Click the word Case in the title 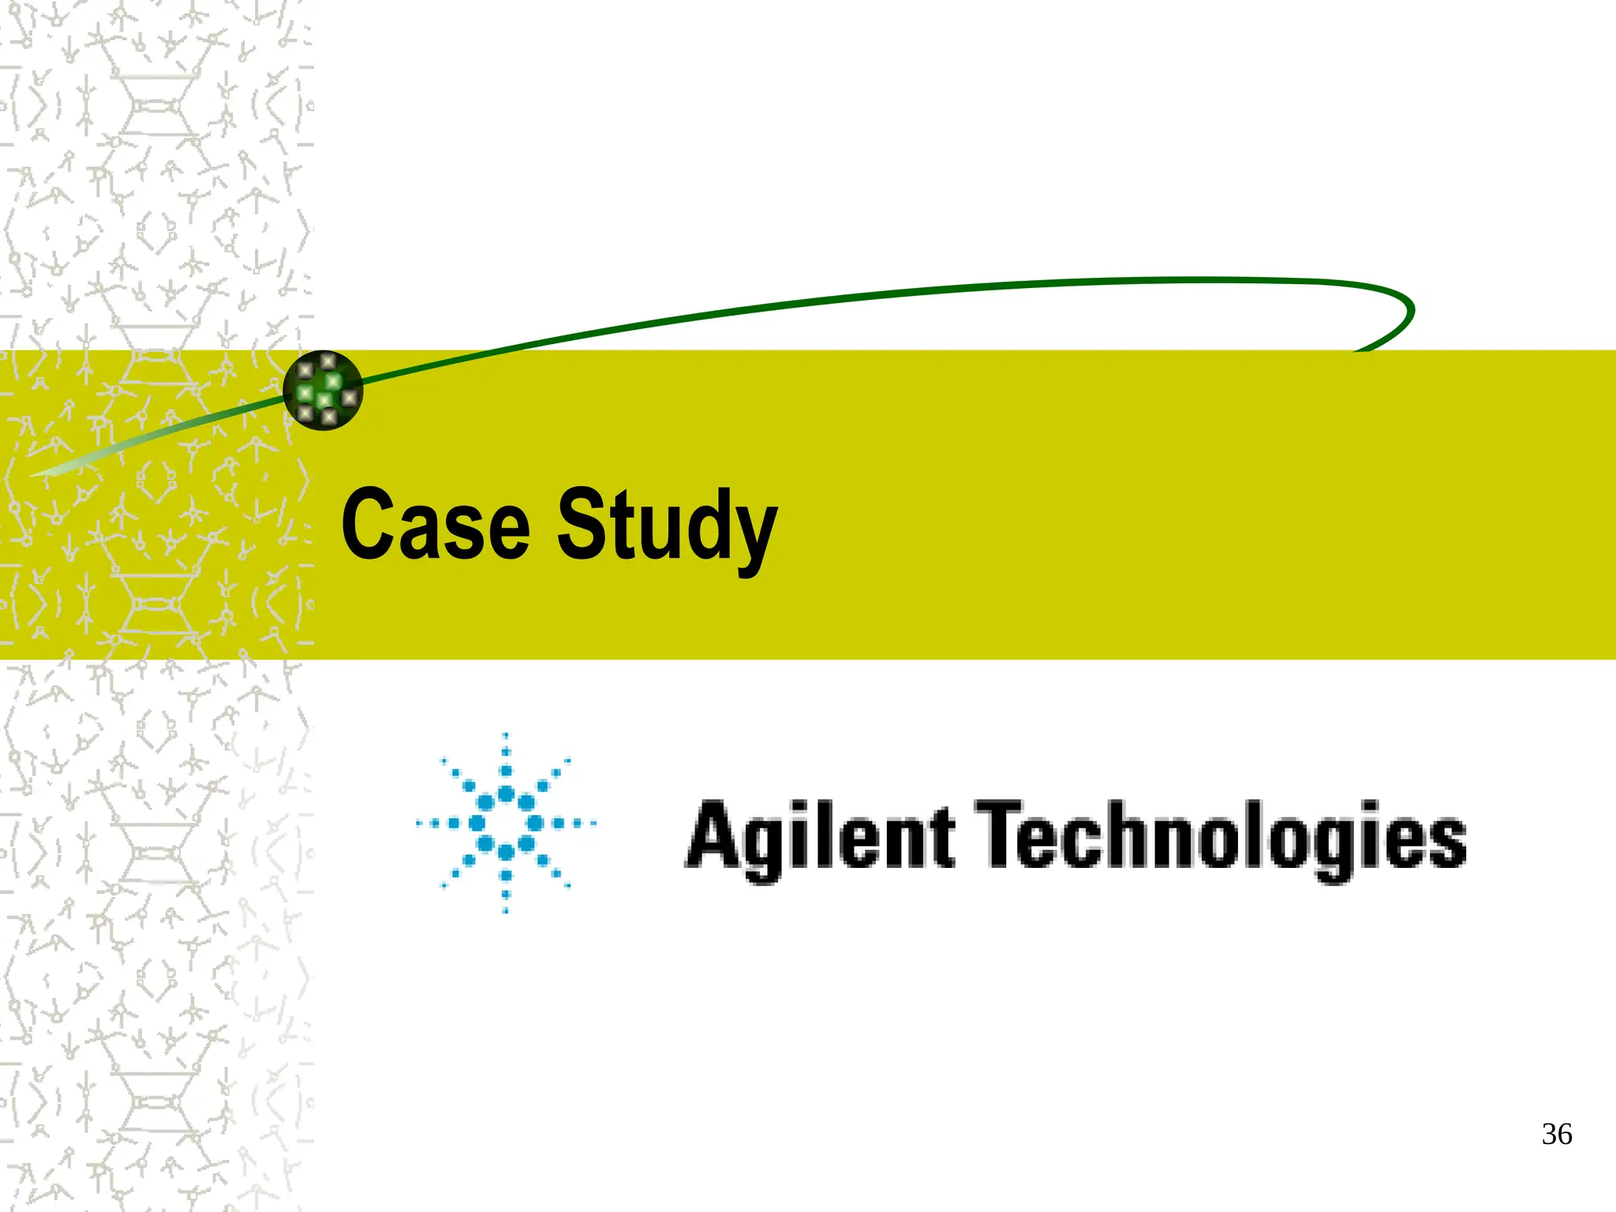pyautogui.click(x=436, y=524)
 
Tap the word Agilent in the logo pyautogui.click(x=821, y=836)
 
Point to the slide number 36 pyautogui.click(x=1556, y=1135)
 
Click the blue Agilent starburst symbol pyautogui.click(x=506, y=824)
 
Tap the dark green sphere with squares pyautogui.click(x=323, y=390)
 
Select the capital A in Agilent pyautogui.click(x=714, y=833)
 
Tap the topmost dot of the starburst pyautogui.click(x=506, y=736)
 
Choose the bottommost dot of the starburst pyautogui.click(x=506, y=911)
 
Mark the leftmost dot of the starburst pyautogui.click(x=419, y=824)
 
